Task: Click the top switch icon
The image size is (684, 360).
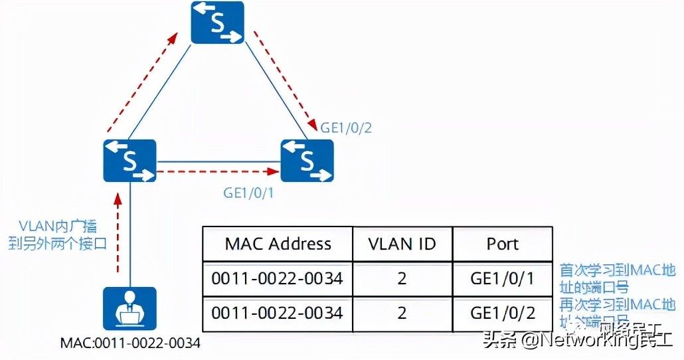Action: pyautogui.click(x=217, y=23)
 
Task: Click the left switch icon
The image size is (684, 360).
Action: pyautogui.click(x=129, y=161)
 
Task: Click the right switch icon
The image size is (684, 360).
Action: pyautogui.click(x=307, y=161)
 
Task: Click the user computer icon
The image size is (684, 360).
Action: pyautogui.click(x=129, y=309)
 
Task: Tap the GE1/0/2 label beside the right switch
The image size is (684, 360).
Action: pyautogui.click(x=346, y=128)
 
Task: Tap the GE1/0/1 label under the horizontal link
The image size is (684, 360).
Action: pyautogui.click(x=249, y=193)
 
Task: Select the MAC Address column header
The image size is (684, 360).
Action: pyautogui.click(x=278, y=244)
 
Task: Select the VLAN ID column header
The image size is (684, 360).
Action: pyautogui.click(x=402, y=244)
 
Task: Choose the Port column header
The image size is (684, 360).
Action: pyautogui.click(x=502, y=244)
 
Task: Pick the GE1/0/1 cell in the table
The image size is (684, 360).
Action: pyautogui.click(x=502, y=278)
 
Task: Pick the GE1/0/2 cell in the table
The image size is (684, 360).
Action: pyautogui.click(x=502, y=312)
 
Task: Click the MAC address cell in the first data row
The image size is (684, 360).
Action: pyautogui.click(x=278, y=278)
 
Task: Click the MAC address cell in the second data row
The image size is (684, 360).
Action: pyautogui.click(x=278, y=312)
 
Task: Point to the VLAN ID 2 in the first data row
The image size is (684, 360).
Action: pyautogui.click(x=402, y=278)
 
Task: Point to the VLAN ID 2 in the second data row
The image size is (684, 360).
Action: pyautogui.click(x=402, y=312)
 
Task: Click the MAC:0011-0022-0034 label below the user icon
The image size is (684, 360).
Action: pyautogui.click(x=130, y=343)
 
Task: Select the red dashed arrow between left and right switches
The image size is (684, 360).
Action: pyautogui.click(x=216, y=171)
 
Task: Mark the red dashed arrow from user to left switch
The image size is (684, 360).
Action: pyautogui.click(x=118, y=232)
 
